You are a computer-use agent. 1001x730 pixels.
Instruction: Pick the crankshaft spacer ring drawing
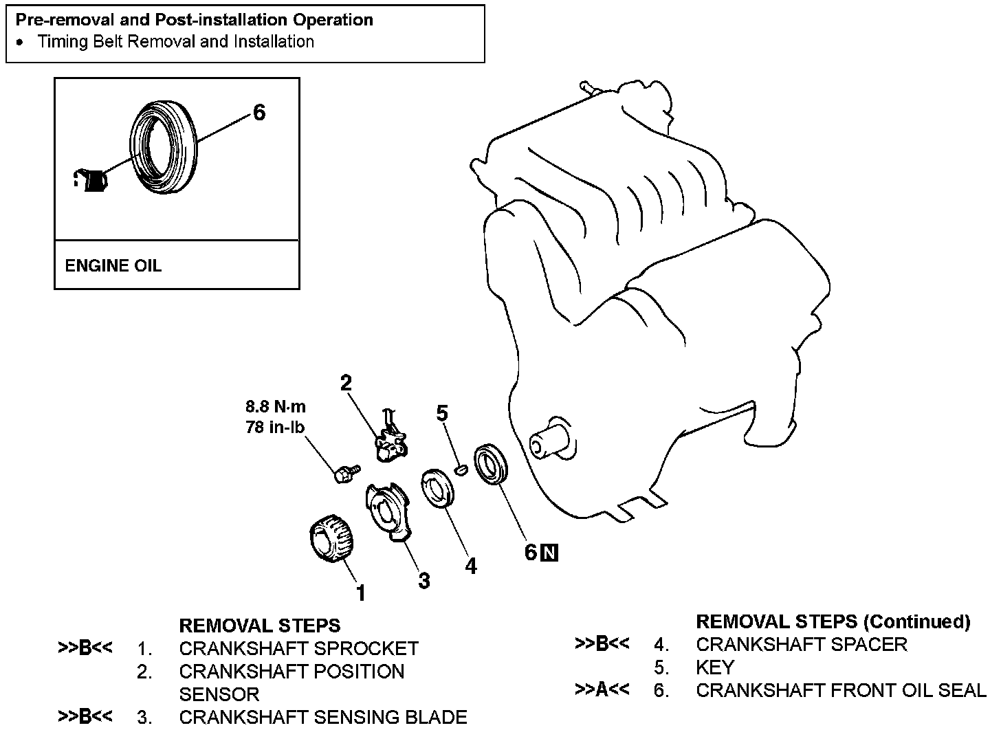[439, 488]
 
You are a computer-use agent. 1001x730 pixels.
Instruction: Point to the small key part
[462, 469]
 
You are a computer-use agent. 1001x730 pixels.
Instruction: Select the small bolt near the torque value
[346, 472]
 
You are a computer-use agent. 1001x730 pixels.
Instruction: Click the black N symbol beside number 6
[549, 552]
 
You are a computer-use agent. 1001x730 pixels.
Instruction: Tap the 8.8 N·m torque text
[276, 406]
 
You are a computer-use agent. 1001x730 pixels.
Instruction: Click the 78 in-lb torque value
[275, 427]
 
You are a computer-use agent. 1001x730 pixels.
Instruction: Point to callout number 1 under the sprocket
[360, 593]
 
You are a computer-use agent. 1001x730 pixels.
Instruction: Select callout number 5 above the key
[442, 412]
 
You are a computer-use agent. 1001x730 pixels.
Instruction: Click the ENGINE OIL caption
[113, 265]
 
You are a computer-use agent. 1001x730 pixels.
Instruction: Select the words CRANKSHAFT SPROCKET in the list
[298, 648]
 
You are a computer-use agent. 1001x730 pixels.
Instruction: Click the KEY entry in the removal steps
[715, 667]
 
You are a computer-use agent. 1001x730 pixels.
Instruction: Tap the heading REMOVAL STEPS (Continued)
[833, 621]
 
